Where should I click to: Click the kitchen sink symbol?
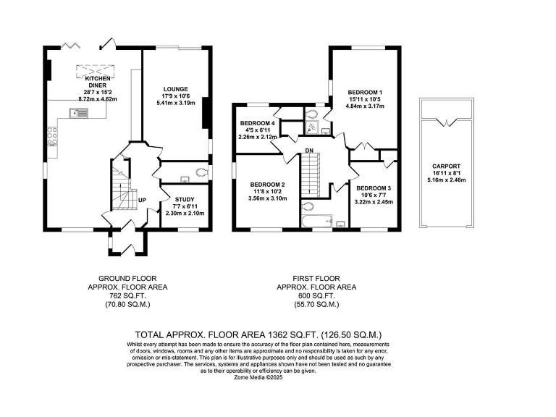(x=79, y=113)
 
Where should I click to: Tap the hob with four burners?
(x=52, y=137)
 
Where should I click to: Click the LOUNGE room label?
(x=175, y=89)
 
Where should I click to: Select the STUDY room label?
(x=185, y=200)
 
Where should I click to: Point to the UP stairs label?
(x=142, y=201)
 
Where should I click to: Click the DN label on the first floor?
(x=309, y=151)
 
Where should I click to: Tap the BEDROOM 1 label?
(x=365, y=92)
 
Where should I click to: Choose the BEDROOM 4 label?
(x=257, y=123)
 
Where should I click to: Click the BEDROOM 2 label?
(x=267, y=185)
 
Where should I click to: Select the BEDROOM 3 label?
(x=374, y=188)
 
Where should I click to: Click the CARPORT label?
(x=447, y=167)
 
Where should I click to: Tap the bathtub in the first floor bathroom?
(x=316, y=221)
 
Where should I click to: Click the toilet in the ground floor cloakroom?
(x=201, y=173)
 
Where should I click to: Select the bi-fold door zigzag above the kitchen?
(x=70, y=45)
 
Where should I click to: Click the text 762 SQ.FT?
(x=127, y=295)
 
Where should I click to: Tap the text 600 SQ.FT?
(x=316, y=295)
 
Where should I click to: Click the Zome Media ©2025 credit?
(x=258, y=378)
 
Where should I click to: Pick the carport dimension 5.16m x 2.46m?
(x=447, y=180)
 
